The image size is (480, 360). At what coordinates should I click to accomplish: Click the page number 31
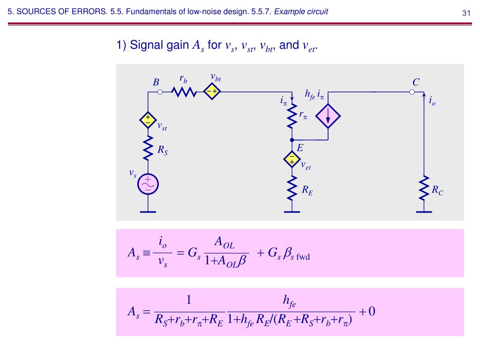(x=466, y=13)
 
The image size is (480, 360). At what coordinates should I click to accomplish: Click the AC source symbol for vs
(x=148, y=185)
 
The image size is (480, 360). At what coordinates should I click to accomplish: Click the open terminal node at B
(x=160, y=92)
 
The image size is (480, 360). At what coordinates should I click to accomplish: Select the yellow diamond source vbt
(x=212, y=92)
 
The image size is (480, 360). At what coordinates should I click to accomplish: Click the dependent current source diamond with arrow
(x=328, y=116)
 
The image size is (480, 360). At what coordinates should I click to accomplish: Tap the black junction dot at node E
(x=292, y=140)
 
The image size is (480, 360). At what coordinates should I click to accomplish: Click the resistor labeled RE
(x=292, y=187)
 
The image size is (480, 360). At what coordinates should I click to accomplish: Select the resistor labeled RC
(x=424, y=187)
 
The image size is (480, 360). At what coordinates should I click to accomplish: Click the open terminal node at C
(x=412, y=92)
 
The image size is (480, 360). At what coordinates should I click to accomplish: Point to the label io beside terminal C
(x=432, y=101)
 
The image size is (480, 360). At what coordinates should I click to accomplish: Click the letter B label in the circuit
(x=156, y=82)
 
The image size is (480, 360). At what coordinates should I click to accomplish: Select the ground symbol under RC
(x=424, y=211)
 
